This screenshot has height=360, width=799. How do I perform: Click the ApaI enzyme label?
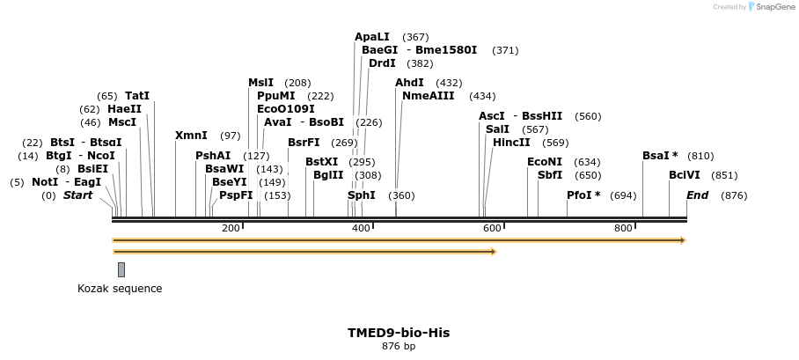point(371,37)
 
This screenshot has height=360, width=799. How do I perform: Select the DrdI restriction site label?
point(382,63)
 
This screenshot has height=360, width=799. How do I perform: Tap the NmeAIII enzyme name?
point(429,96)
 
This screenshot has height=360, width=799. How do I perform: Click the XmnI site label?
point(191,136)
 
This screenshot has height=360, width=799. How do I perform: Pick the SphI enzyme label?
point(362,195)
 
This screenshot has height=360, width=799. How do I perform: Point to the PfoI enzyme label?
point(583,195)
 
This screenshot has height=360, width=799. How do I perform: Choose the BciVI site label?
point(685,175)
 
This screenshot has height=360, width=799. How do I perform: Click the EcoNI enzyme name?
point(544,162)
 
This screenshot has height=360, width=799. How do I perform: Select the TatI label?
point(137,96)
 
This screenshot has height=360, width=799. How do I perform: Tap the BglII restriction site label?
point(328,175)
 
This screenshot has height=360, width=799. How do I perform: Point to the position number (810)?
point(700,156)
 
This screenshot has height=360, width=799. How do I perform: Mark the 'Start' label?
point(77,195)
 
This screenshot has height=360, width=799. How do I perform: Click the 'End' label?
point(697,195)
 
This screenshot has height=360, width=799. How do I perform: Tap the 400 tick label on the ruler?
point(361,229)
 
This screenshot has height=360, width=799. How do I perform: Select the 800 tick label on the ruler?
point(623,229)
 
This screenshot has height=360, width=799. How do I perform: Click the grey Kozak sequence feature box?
point(121,269)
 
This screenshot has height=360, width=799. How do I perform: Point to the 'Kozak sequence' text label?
point(120,289)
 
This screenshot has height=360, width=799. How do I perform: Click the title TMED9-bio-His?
point(399,333)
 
